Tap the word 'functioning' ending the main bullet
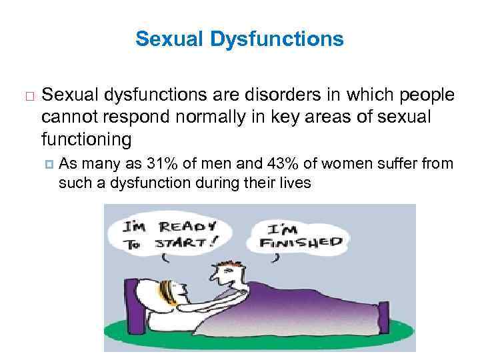click(87, 140)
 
